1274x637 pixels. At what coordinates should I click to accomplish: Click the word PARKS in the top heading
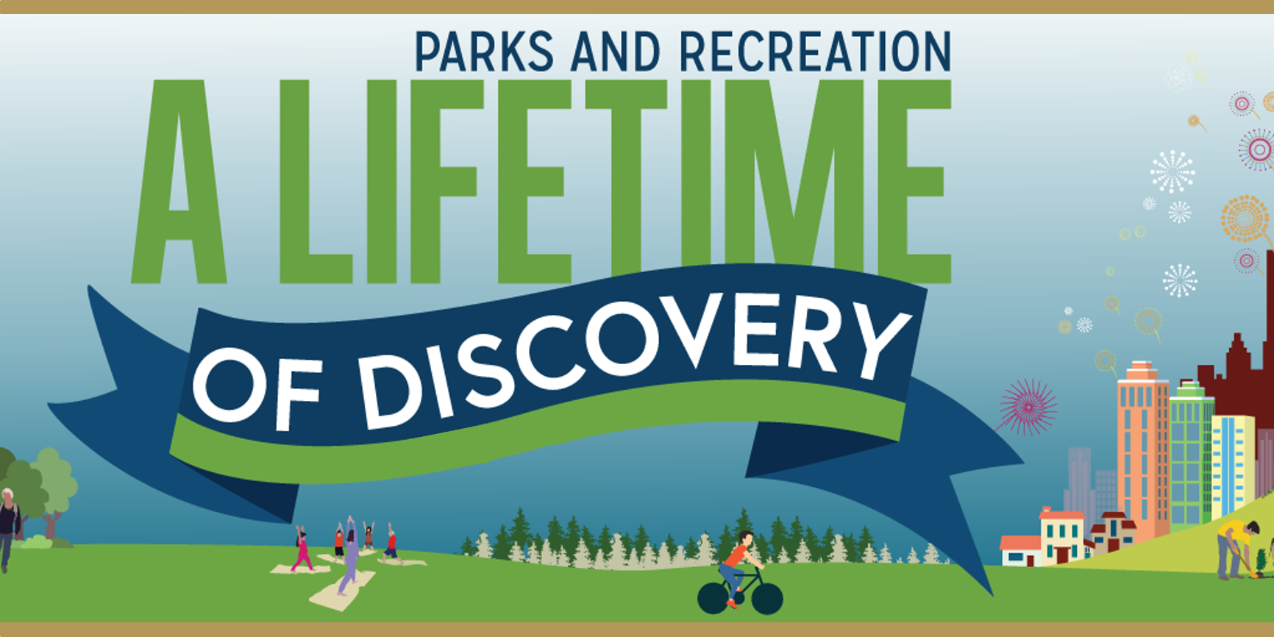pyautogui.click(x=484, y=51)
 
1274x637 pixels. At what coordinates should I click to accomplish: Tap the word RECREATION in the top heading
pyautogui.click(x=815, y=51)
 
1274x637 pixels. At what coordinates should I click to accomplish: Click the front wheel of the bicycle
pyautogui.click(x=766, y=599)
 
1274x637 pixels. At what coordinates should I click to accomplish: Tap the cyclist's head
pyautogui.click(x=746, y=539)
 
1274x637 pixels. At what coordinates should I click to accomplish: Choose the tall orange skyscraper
pyautogui.click(x=1142, y=449)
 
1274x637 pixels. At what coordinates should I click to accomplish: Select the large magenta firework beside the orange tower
pyautogui.click(x=1028, y=407)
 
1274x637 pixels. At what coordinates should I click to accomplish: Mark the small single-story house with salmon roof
pyautogui.click(x=1021, y=551)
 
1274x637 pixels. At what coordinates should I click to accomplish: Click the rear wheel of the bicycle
pyautogui.click(x=713, y=598)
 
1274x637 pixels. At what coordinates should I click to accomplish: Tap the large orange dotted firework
pyautogui.click(x=1245, y=218)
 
